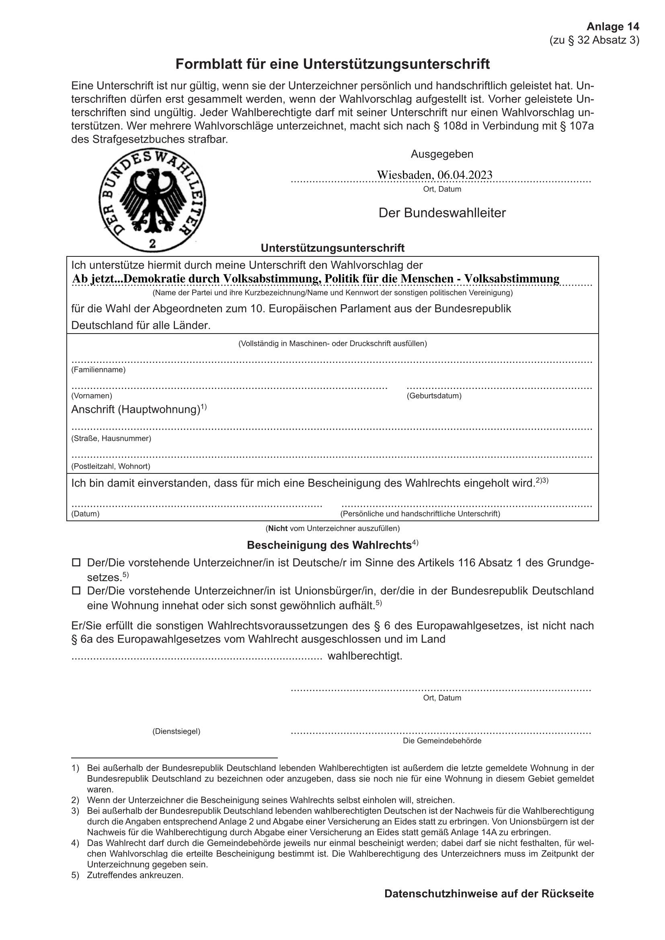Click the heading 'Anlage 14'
tap(613, 27)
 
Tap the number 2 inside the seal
tap(152, 244)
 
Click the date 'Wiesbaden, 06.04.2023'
tap(435, 175)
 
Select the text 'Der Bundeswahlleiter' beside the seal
tap(442, 213)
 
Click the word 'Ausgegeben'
tap(442, 154)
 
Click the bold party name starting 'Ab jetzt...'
tap(315, 279)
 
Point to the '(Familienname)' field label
tap(98, 370)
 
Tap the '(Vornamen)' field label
tap(92, 396)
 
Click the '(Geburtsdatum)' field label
tap(434, 396)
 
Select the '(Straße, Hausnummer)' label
tap(111, 438)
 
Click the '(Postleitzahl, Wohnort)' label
tap(111, 466)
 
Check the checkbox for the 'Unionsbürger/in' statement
tap(76, 591)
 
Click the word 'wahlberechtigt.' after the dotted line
tap(365, 656)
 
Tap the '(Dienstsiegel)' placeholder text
tap(176, 731)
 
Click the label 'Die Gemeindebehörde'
tap(442, 741)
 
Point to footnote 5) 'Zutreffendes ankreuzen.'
tap(135, 875)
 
